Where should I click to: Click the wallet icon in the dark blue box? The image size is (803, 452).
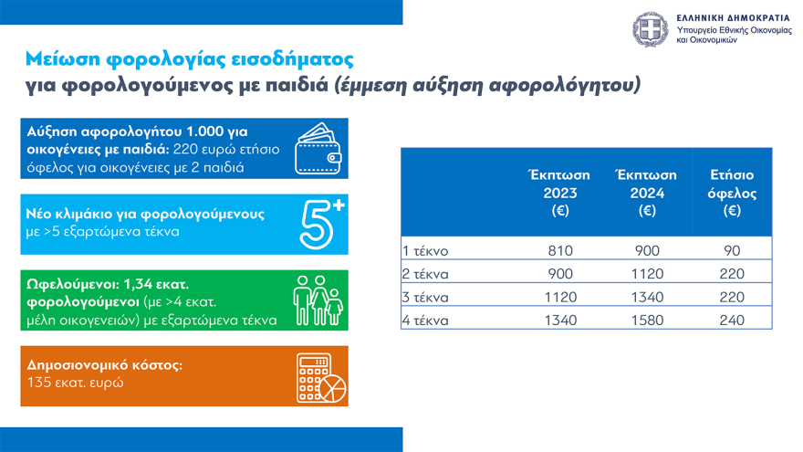point(320,151)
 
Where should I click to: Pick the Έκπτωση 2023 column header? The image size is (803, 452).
point(559,193)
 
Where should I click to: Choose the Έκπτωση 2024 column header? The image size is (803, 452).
point(647,193)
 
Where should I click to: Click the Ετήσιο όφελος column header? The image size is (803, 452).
point(732,193)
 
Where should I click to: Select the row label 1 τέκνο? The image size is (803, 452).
point(426,251)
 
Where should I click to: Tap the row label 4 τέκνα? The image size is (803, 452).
point(427,320)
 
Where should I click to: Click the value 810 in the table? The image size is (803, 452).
point(559,251)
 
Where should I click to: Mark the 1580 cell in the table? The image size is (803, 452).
point(647,320)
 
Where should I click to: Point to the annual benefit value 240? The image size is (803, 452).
point(732,320)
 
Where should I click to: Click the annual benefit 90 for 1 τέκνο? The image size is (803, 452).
point(732,251)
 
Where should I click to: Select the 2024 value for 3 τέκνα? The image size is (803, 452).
point(647,297)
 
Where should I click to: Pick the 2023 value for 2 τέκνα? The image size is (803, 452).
point(559,274)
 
